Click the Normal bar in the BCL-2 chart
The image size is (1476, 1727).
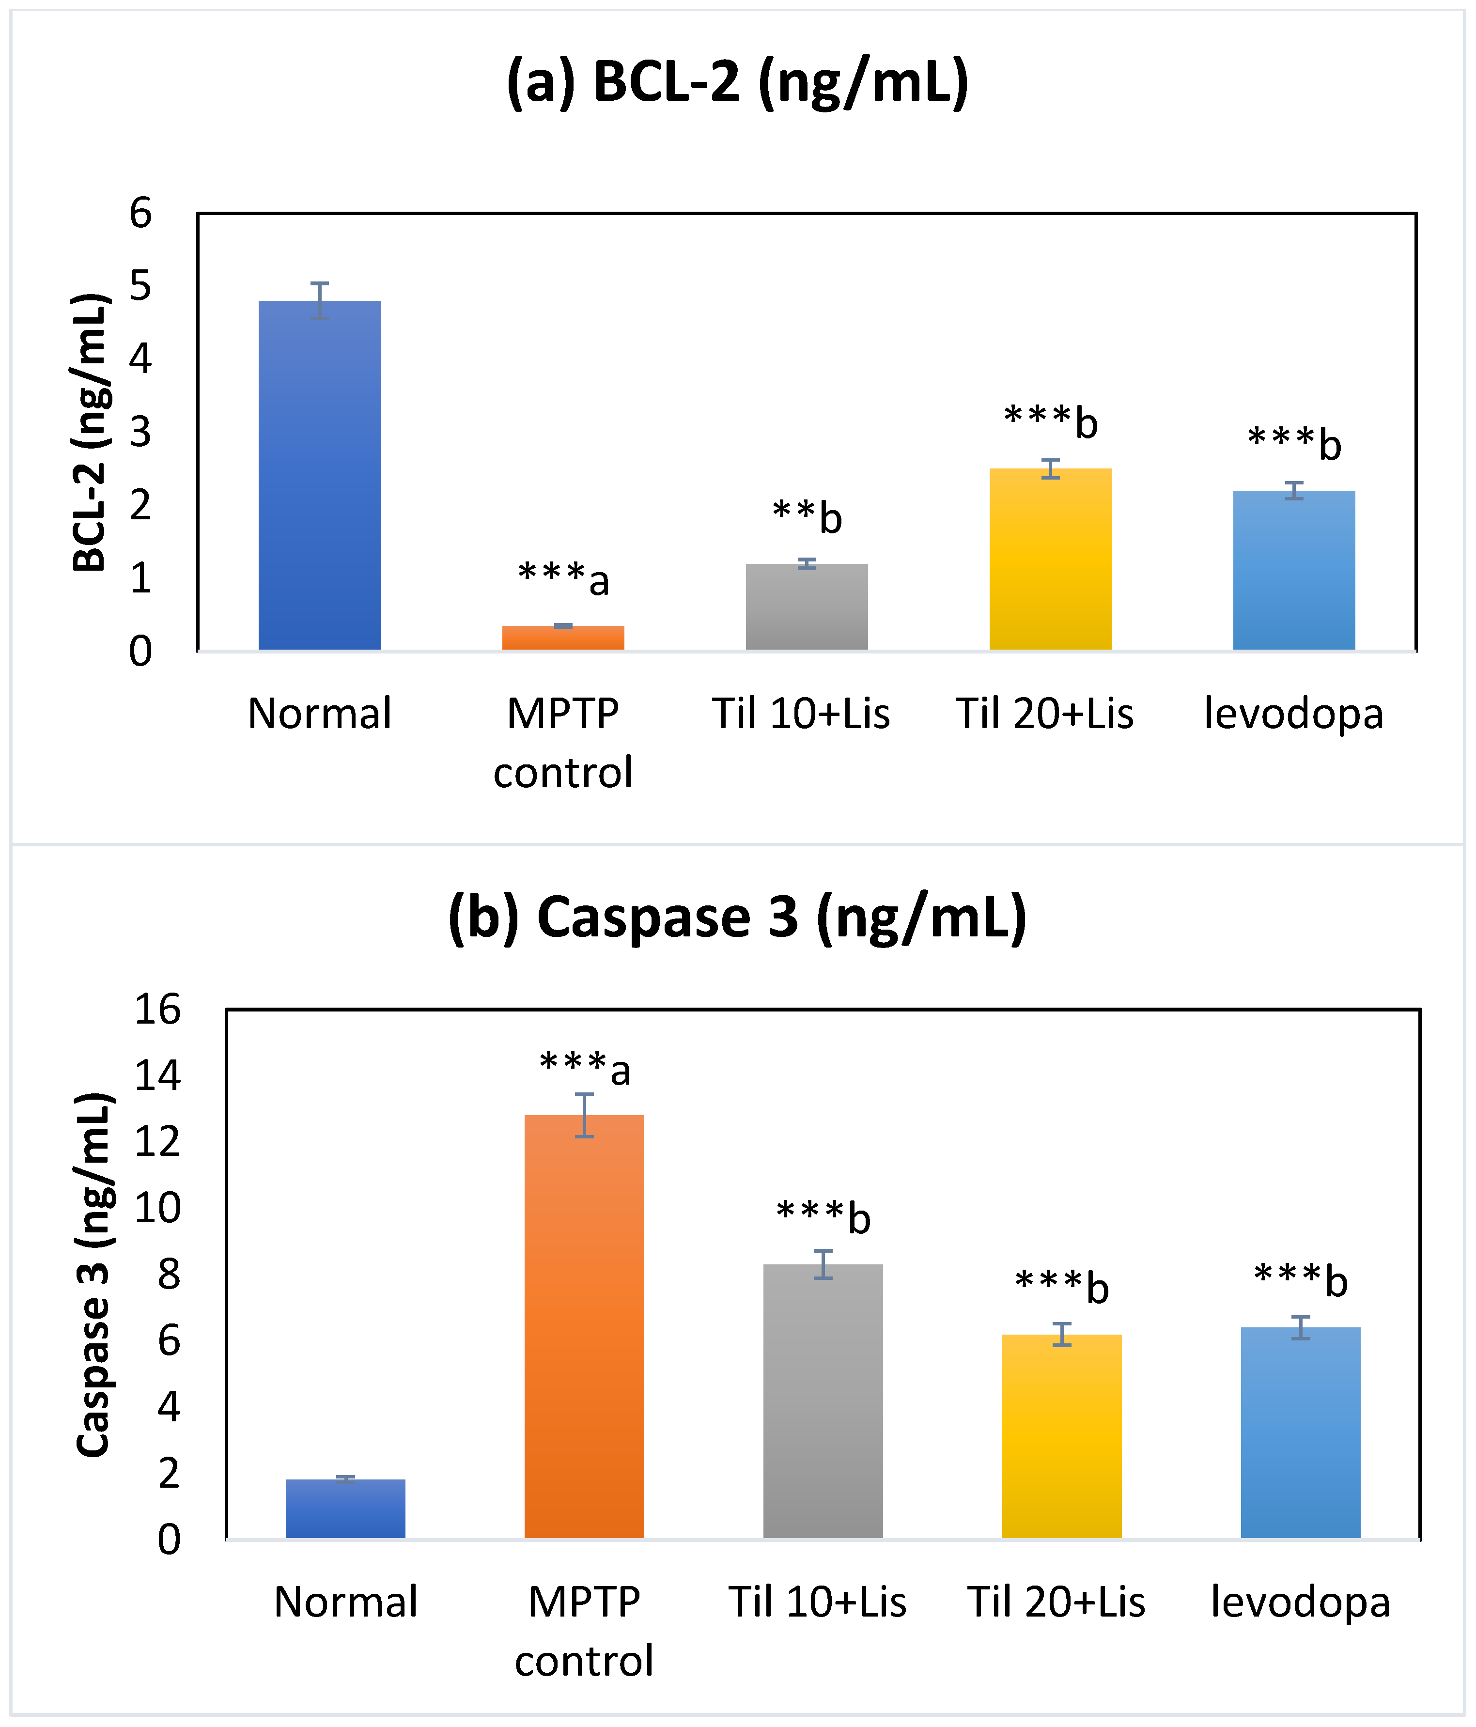point(319,475)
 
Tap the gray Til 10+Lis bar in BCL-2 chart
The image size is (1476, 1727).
point(806,607)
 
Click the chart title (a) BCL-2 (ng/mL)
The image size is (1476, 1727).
point(738,82)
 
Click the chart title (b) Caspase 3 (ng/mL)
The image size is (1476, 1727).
point(738,917)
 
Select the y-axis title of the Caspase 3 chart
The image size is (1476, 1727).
point(93,1275)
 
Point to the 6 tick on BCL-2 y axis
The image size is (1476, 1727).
point(140,213)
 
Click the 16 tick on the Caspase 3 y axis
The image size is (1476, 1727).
point(156,1010)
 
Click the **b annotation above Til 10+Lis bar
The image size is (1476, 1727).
point(807,517)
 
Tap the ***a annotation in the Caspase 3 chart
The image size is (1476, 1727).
point(584,1069)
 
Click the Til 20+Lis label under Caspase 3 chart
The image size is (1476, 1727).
point(1056,1602)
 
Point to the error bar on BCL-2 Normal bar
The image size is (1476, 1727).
point(319,300)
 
